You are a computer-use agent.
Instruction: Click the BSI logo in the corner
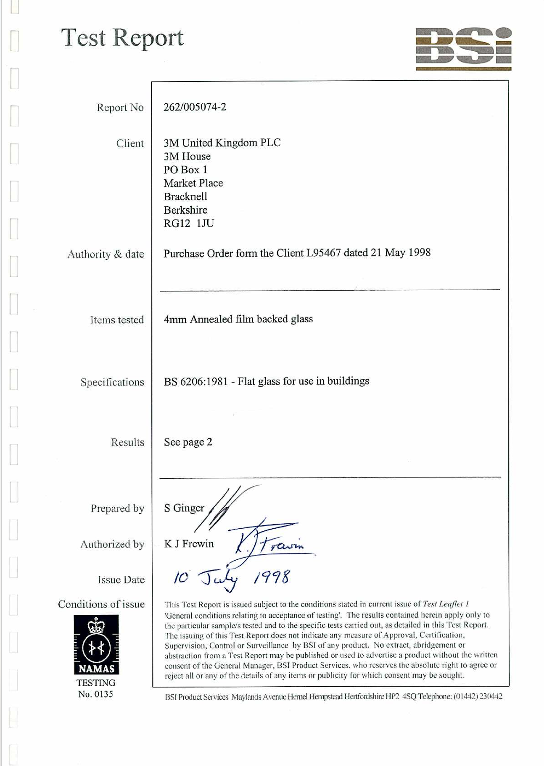pos(463,49)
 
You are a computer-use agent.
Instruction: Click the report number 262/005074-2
pos(195,107)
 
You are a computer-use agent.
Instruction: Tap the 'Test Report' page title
pos(122,38)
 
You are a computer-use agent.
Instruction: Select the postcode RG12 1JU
pos(189,223)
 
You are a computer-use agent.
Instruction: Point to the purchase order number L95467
pos(323,253)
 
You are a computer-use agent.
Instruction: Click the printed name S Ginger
pos(184,508)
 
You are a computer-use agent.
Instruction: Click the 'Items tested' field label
pos(117,320)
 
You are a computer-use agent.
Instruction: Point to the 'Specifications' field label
pos(112,382)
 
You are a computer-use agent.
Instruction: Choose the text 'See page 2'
pos(188,442)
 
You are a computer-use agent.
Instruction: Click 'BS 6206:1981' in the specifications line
pos(195,382)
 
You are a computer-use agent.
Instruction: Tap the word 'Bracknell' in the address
pos(185,197)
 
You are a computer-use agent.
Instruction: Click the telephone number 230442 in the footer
pos(491,696)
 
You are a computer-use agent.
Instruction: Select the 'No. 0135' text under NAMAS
pos(95,694)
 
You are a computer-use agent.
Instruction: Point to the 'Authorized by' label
pos(112,544)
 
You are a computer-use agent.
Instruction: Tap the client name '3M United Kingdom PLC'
pos(222,143)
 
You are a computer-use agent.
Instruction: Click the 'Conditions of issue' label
pos(101,604)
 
